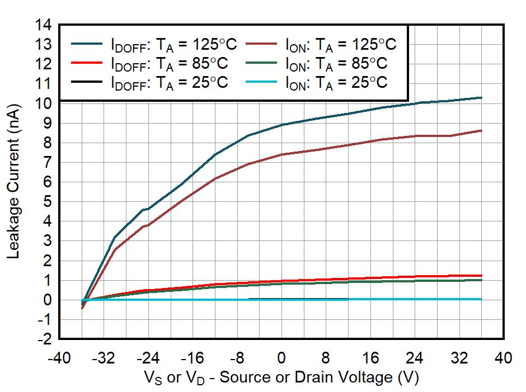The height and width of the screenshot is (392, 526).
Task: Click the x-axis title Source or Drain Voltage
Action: [x=281, y=377]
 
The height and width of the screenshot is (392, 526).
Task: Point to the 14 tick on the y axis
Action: [x=45, y=25]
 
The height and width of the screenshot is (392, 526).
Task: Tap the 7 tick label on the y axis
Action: [x=48, y=163]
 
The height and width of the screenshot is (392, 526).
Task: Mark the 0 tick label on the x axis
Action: [x=282, y=358]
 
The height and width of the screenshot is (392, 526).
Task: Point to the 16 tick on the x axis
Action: [x=370, y=358]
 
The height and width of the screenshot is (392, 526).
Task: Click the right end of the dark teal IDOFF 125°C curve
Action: [x=481, y=98]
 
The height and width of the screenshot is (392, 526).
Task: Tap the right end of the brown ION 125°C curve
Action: [x=481, y=130]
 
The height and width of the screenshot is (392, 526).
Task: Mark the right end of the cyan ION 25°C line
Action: [x=481, y=299]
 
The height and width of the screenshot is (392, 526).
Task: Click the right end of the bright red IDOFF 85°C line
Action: [x=481, y=276]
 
